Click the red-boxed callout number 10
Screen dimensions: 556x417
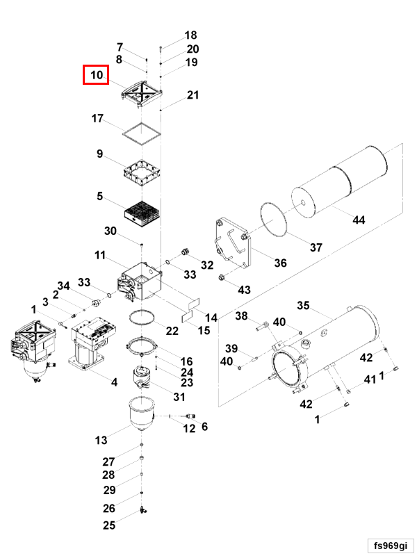click(96, 74)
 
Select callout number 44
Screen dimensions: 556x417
click(359, 220)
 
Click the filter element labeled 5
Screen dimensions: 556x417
click(142, 211)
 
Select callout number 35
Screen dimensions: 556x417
click(303, 305)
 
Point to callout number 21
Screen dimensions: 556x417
click(193, 96)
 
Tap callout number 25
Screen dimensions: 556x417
click(109, 525)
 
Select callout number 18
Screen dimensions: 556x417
click(190, 35)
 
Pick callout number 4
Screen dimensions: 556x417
click(115, 381)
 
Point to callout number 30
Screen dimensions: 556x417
click(111, 231)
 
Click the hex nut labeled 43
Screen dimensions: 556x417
click(220, 279)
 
